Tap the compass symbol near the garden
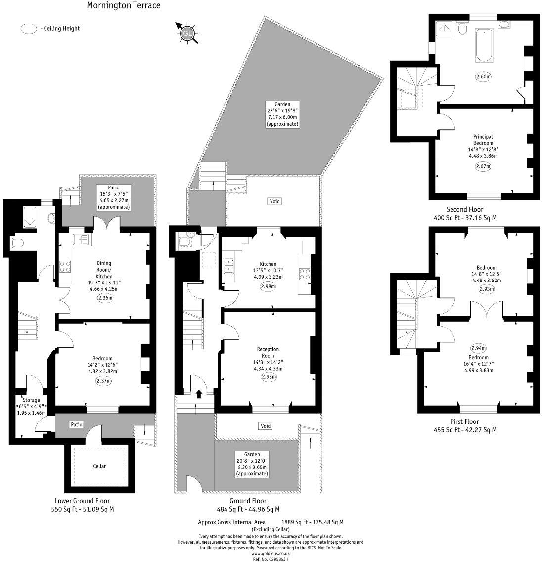coord(187,33)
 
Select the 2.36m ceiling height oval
coord(105,298)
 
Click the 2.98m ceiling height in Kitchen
coord(268,286)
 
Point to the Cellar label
coord(99,466)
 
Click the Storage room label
coord(30,400)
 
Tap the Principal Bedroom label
coord(483,140)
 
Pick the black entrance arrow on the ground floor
coord(199,394)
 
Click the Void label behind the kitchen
coord(274,201)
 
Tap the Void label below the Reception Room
coord(265,426)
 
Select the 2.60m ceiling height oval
coord(483,77)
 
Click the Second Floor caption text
coord(465,209)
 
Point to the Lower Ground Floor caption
coord(82,500)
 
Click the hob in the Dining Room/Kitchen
coord(65,267)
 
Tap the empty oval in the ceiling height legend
coord(28,29)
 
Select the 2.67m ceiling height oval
coord(483,166)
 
